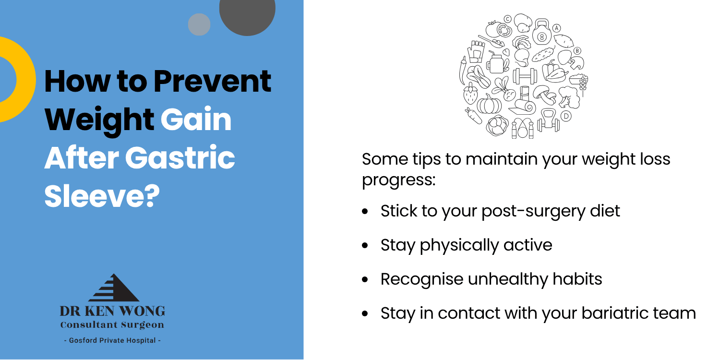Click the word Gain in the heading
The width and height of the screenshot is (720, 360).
click(x=196, y=119)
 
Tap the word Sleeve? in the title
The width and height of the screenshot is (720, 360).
click(x=102, y=195)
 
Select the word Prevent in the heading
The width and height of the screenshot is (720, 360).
click(x=212, y=81)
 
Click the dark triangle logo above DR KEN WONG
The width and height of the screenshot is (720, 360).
click(x=113, y=288)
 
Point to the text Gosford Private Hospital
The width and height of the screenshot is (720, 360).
click(x=112, y=340)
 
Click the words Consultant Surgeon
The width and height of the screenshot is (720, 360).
click(x=112, y=324)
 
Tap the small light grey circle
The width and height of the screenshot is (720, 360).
click(x=199, y=24)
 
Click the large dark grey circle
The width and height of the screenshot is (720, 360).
click(x=247, y=13)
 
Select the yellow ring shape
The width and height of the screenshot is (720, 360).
click(x=26, y=79)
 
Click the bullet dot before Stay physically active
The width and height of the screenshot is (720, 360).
click(x=365, y=246)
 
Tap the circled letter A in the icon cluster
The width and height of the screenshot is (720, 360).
click(x=557, y=28)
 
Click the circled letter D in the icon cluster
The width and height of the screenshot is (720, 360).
click(x=566, y=116)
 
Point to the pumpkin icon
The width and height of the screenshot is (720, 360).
click(x=489, y=104)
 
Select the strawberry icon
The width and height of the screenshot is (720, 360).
click(x=470, y=94)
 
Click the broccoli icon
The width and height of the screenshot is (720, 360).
click(x=569, y=97)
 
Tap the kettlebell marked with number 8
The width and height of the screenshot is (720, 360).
click(x=542, y=32)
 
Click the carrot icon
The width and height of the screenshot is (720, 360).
click(x=474, y=116)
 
